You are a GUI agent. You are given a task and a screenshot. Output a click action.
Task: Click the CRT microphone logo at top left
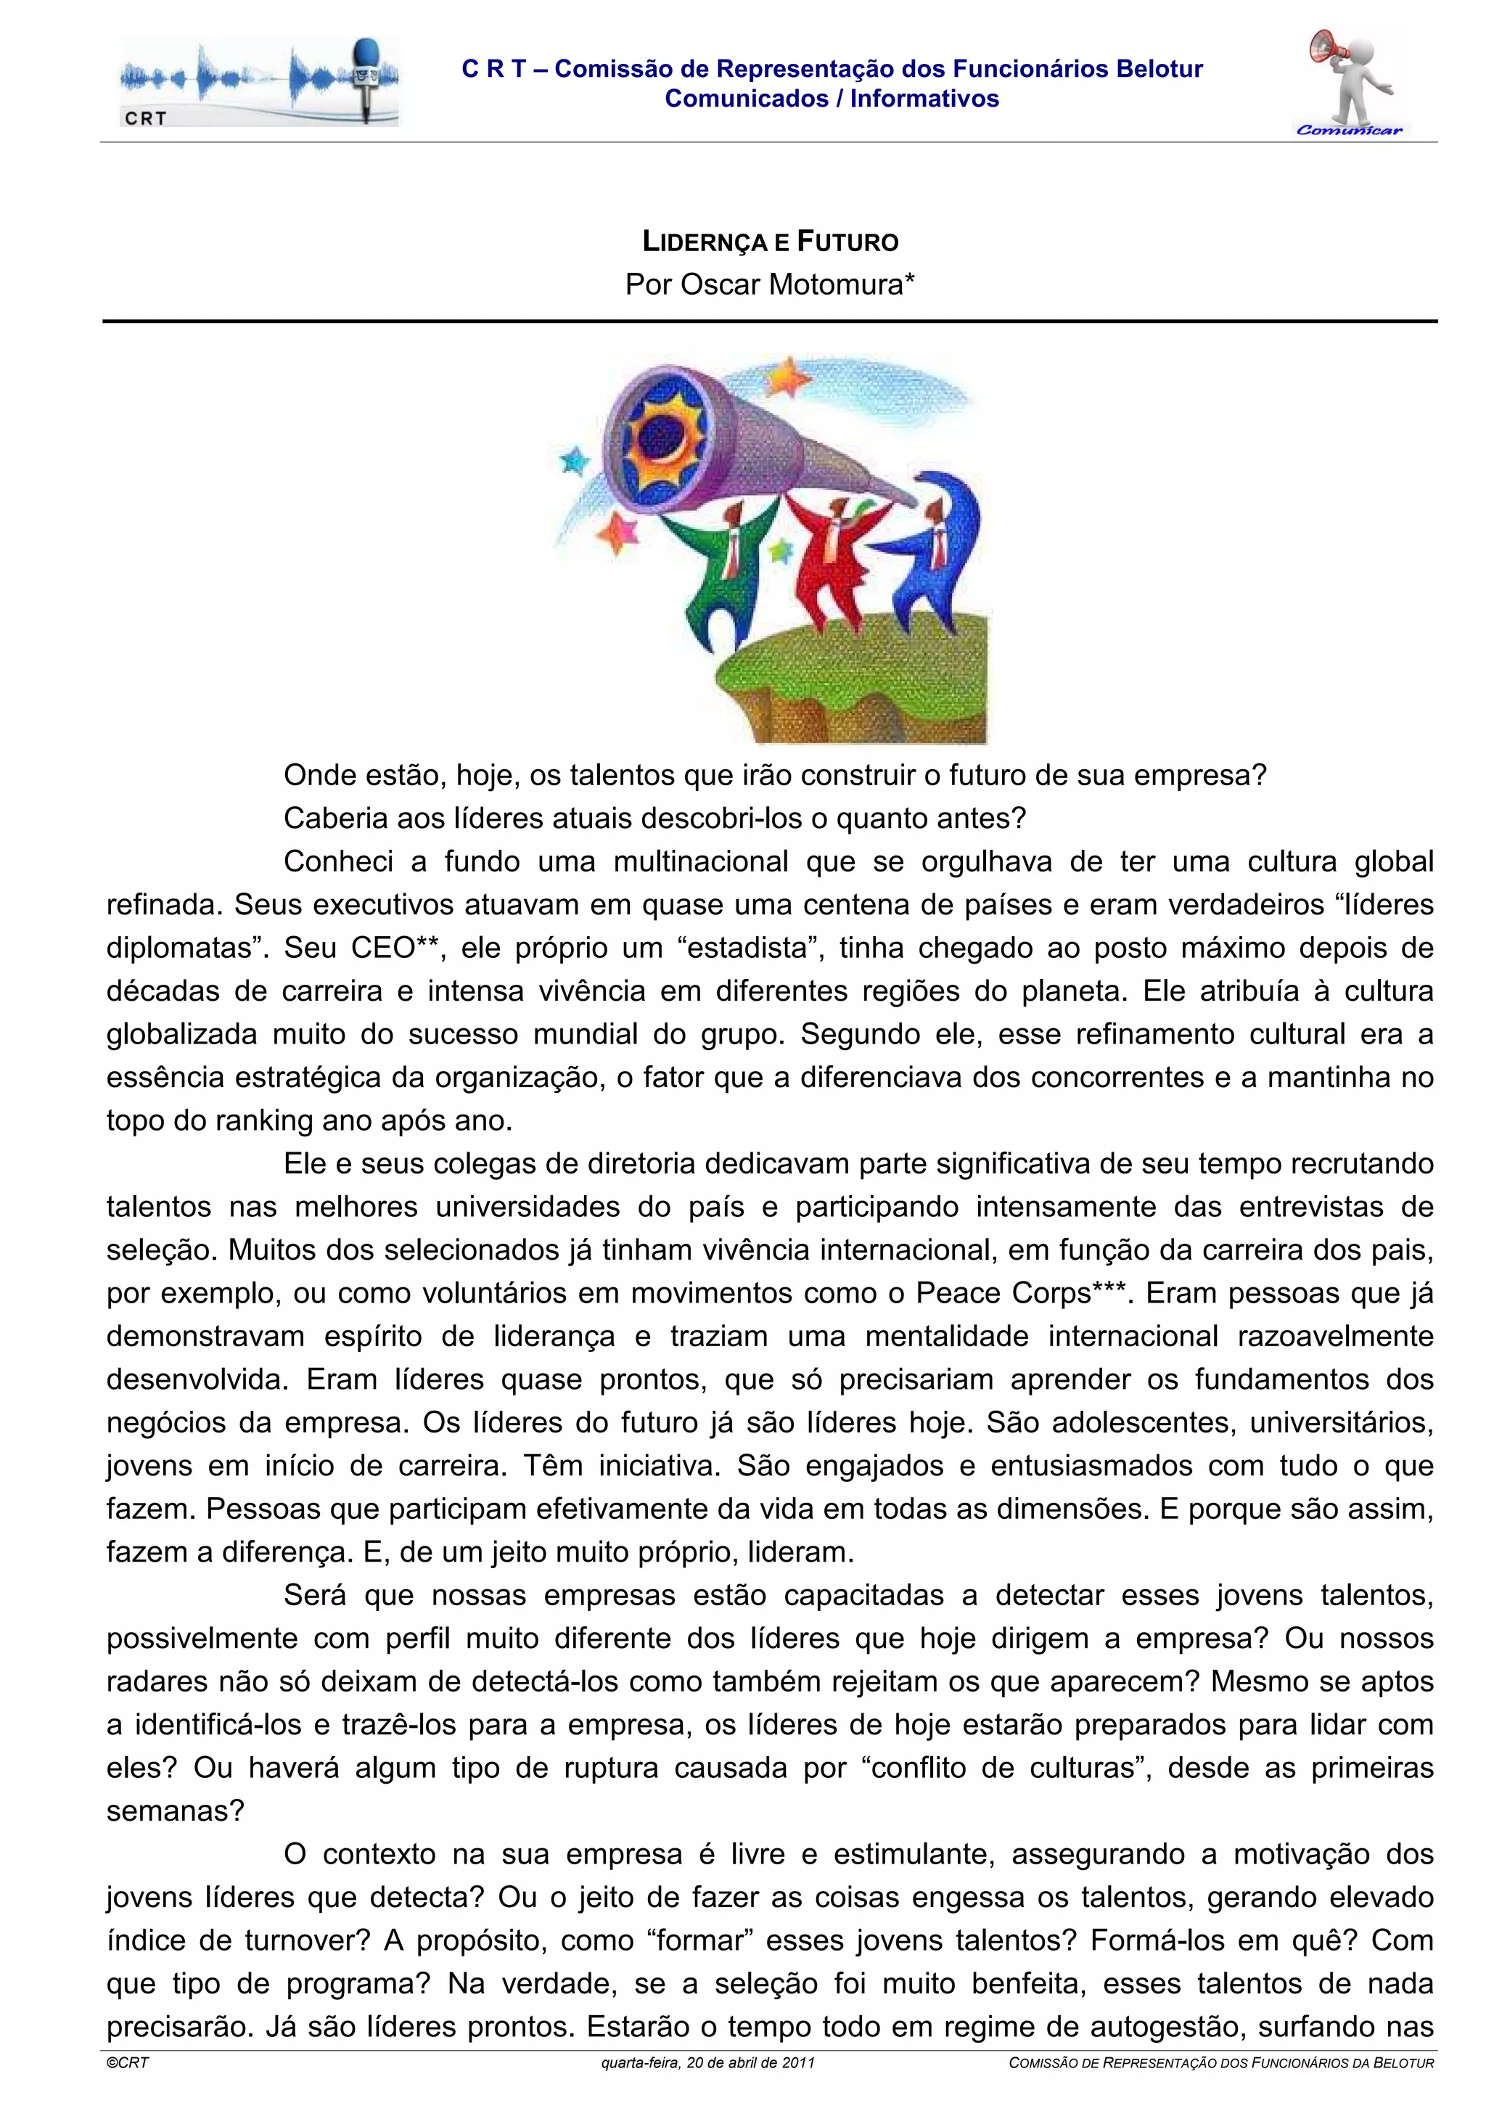click(258, 83)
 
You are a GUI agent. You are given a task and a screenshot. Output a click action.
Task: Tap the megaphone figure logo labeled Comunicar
click(1350, 83)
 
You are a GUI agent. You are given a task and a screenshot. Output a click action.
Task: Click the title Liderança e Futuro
click(770, 242)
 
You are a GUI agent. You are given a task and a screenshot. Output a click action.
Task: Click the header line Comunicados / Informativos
click(832, 99)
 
